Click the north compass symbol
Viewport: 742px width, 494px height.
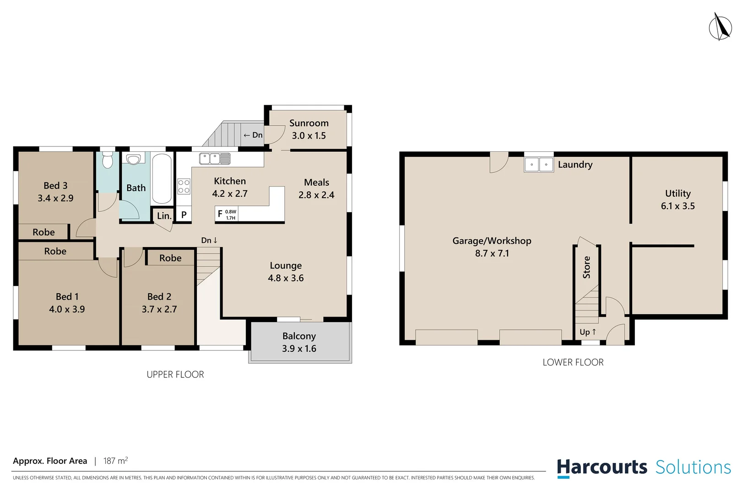point(720,27)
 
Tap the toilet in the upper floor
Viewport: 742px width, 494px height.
point(108,161)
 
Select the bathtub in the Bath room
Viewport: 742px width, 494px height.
point(162,178)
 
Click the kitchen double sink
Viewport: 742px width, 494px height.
point(215,159)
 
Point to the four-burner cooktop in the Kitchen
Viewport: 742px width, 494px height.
point(184,187)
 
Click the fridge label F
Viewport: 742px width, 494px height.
point(220,214)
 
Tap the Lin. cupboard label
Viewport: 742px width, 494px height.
point(164,216)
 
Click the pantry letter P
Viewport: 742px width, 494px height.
point(184,215)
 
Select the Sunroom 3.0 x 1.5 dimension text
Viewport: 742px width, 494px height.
point(309,136)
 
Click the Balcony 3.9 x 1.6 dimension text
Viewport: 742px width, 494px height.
point(299,349)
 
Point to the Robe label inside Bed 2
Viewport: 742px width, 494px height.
point(170,258)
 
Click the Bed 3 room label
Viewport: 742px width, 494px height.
point(55,186)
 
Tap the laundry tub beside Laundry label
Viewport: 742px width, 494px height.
point(539,165)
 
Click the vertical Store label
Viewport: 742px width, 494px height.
point(586,268)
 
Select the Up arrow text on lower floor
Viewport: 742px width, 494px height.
point(588,332)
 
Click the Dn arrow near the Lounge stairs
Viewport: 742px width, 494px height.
point(209,240)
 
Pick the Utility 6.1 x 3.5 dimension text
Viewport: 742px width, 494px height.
point(677,206)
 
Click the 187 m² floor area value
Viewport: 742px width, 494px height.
point(115,461)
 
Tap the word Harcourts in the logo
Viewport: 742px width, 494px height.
point(602,467)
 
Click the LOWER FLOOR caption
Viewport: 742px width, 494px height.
point(573,362)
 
